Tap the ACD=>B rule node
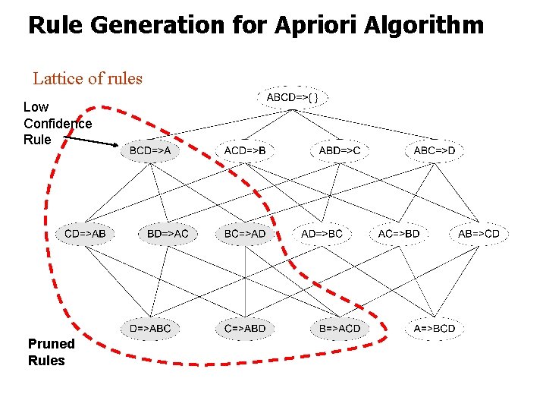[245, 150]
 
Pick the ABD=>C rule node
[339, 150]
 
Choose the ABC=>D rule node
[435, 150]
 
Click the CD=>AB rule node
[85, 233]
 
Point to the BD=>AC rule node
[168, 233]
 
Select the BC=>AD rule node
[245, 233]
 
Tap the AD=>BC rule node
[322, 233]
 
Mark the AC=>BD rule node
[399, 233]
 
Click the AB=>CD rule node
[479, 233]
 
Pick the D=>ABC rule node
[150, 328]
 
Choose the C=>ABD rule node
[245, 328]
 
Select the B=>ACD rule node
[339, 328]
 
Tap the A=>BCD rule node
[435, 328]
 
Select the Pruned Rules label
[46, 352]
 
